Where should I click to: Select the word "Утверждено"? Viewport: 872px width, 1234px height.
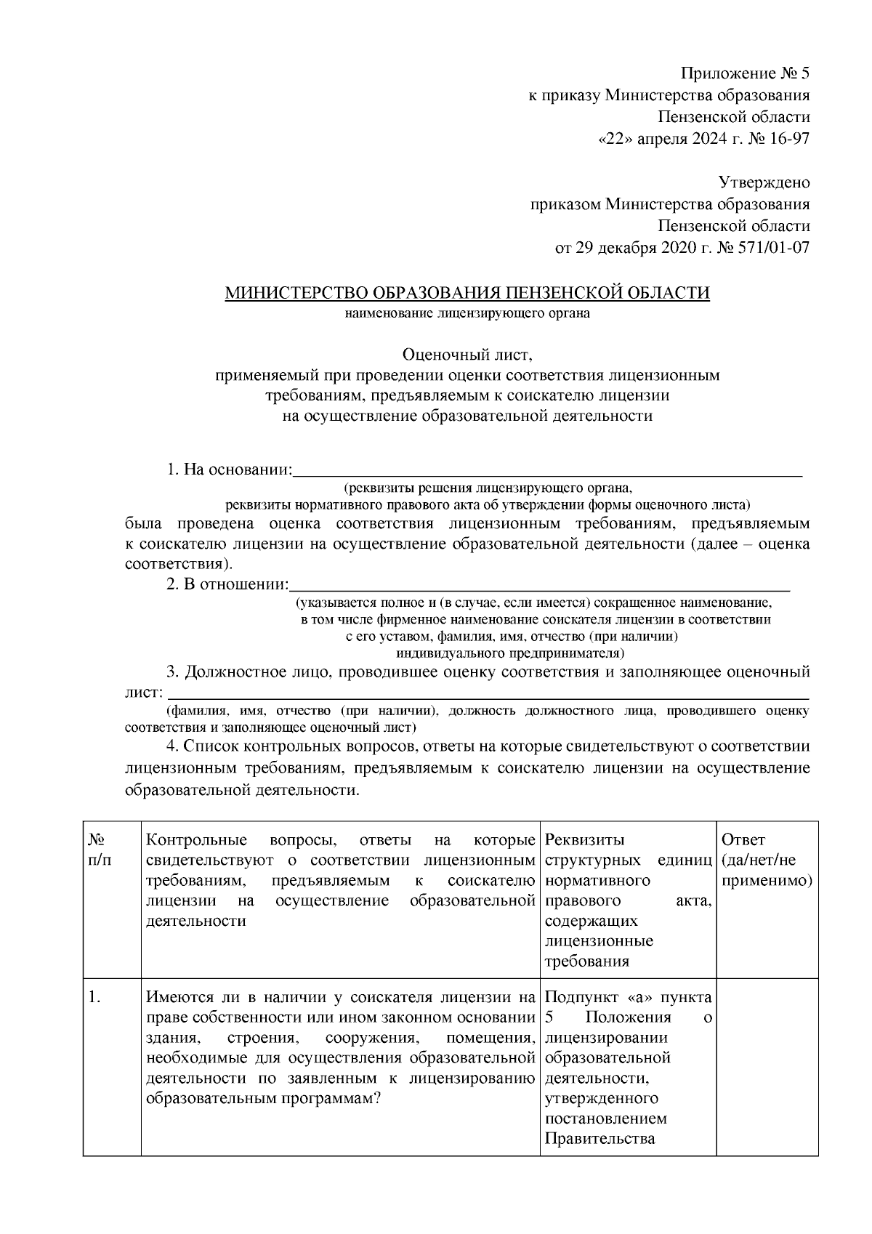tap(764, 182)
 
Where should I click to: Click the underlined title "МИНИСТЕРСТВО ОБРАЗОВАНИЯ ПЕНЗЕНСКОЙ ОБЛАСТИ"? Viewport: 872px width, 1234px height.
tap(467, 293)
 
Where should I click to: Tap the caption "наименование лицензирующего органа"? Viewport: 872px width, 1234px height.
tap(467, 314)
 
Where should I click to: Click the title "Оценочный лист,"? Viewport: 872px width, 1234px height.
tap(467, 355)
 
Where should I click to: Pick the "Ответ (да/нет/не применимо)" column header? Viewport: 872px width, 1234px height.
tap(767, 860)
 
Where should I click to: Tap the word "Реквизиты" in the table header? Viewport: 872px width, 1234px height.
tap(584, 841)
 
